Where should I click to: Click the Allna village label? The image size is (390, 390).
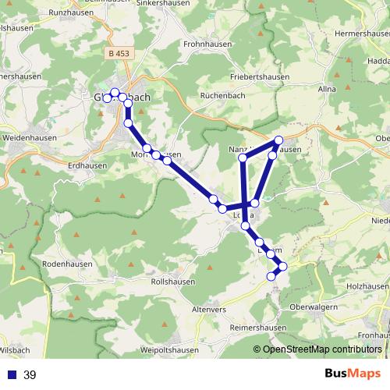pyautogui.click(x=327, y=90)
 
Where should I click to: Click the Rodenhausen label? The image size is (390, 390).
pyautogui.click(x=67, y=265)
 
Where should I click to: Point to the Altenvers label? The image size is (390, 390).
pyautogui.click(x=208, y=309)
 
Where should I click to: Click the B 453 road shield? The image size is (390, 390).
pyautogui.click(x=119, y=53)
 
